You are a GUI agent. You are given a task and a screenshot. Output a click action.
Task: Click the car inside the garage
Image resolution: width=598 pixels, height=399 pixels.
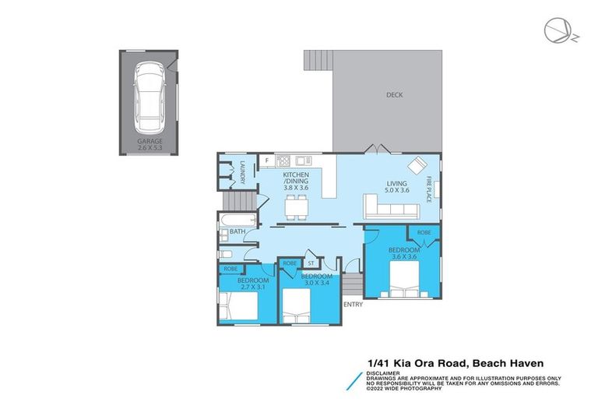pyautogui.click(x=148, y=97)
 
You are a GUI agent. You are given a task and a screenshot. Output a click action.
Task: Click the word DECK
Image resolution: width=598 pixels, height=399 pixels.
pyautogui.click(x=395, y=95)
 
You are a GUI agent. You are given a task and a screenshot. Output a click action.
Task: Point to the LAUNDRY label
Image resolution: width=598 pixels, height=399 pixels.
pyautogui.click(x=243, y=171)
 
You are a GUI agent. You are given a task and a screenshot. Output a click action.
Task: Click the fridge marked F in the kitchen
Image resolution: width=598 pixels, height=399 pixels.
pyautogui.click(x=267, y=161)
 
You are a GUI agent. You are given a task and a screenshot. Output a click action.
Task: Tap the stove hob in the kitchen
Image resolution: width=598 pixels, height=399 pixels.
pyautogui.click(x=300, y=161)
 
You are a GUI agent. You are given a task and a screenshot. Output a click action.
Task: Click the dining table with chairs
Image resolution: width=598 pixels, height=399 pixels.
pyautogui.click(x=297, y=207)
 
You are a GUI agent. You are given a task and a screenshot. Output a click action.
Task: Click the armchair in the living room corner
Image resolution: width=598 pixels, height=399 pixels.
pyautogui.click(x=418, y=165)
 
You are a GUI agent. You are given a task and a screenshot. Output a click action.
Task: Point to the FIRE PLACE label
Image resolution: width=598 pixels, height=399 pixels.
pyautogui.click(x=428, y=189)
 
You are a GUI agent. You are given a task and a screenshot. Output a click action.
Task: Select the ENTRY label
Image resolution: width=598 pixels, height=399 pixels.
pyautogui.click(x=353, y=305)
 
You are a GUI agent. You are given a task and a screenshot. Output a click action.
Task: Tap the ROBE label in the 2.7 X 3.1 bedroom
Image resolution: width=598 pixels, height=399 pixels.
pyautogui.click(x=230, y=269)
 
